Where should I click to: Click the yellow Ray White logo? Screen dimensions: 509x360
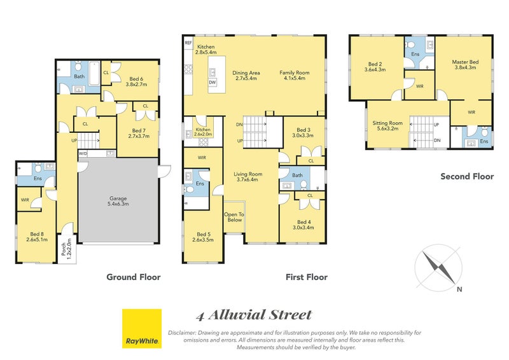141,328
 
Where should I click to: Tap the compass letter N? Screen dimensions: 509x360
459,289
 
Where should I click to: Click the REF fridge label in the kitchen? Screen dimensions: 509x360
188,43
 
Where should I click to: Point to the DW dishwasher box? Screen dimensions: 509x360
213,83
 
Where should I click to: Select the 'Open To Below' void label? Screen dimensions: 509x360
234,217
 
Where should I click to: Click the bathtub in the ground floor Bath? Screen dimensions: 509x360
94,73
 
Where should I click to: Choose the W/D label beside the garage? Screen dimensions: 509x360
83,153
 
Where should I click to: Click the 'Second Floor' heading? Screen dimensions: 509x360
467,177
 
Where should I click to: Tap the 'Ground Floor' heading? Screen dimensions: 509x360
134,277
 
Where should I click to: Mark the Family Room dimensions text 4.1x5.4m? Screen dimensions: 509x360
295,78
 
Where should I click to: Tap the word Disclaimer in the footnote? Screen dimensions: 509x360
182,333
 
